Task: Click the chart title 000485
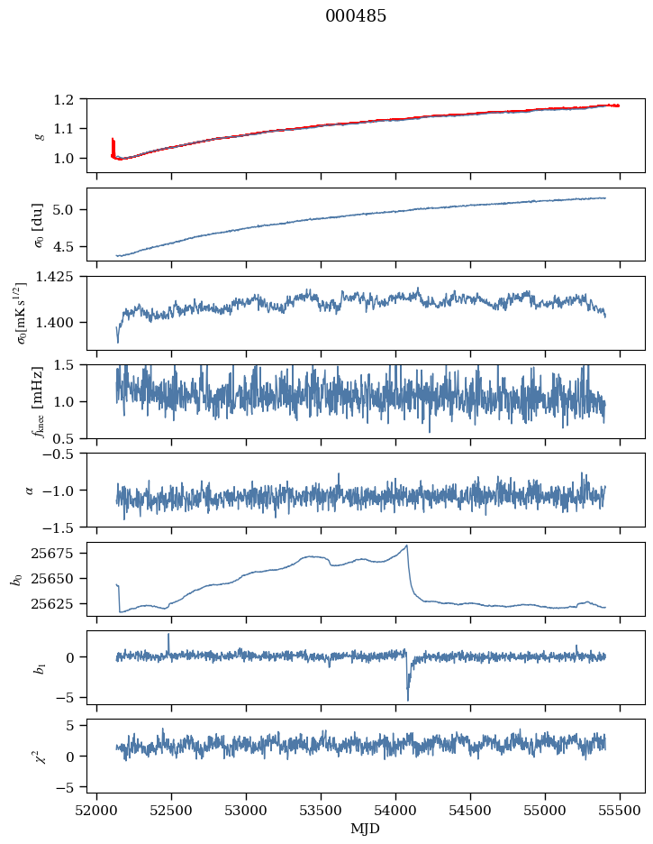click(356, 16)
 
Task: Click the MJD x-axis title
click(366, 828)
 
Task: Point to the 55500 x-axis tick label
click(619, 809)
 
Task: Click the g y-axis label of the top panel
click(39, 135)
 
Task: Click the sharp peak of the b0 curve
click(407, 546)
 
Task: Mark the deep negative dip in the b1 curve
click(407, 700)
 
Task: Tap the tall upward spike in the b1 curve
click(168, 634)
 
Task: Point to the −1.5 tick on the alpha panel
click(67, 527)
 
